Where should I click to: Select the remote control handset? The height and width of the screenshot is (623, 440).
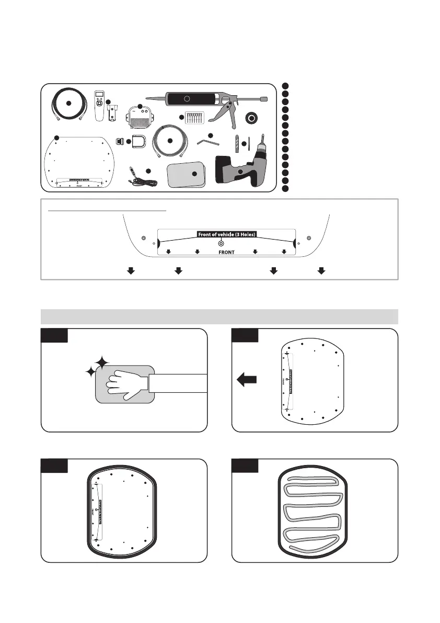click(98, 105)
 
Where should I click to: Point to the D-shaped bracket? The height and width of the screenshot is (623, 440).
click(138, 142)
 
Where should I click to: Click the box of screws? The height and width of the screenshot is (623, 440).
click(193, 117)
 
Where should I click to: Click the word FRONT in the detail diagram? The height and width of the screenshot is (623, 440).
click(226, 252)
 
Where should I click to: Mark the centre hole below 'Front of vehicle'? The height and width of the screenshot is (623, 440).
click(221, 244)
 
